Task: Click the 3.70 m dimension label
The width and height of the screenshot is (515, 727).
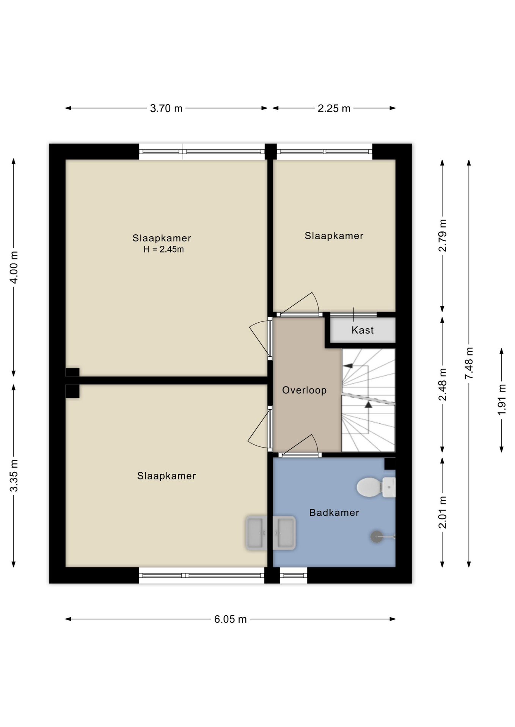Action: [166, 109]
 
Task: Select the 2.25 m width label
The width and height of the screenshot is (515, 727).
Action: [334, 109]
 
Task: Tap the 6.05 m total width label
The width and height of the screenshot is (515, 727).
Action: [230, 619]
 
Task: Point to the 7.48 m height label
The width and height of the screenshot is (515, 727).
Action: [469, 363]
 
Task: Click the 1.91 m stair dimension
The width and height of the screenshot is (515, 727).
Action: [502, 399]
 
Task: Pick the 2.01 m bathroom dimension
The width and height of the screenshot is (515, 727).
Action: [442, 512]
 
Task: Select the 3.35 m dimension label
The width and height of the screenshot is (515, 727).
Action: [14, 476]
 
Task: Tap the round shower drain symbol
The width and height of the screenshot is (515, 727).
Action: [377, 536]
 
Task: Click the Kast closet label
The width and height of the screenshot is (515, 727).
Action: [363, 330]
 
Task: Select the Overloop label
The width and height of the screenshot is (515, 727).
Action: [304, 390]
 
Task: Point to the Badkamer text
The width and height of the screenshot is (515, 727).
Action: [334, 513]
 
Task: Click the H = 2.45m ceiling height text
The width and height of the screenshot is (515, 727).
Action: [163, 250]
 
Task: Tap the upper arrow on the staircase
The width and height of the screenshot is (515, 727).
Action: [348, 366]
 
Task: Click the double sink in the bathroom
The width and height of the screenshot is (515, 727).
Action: [270, 533]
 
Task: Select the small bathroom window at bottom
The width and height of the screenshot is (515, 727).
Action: [294, 576]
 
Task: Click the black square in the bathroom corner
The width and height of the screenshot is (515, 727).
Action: [389, 464]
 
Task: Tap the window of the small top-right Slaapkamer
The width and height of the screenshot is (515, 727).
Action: [324, 151]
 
